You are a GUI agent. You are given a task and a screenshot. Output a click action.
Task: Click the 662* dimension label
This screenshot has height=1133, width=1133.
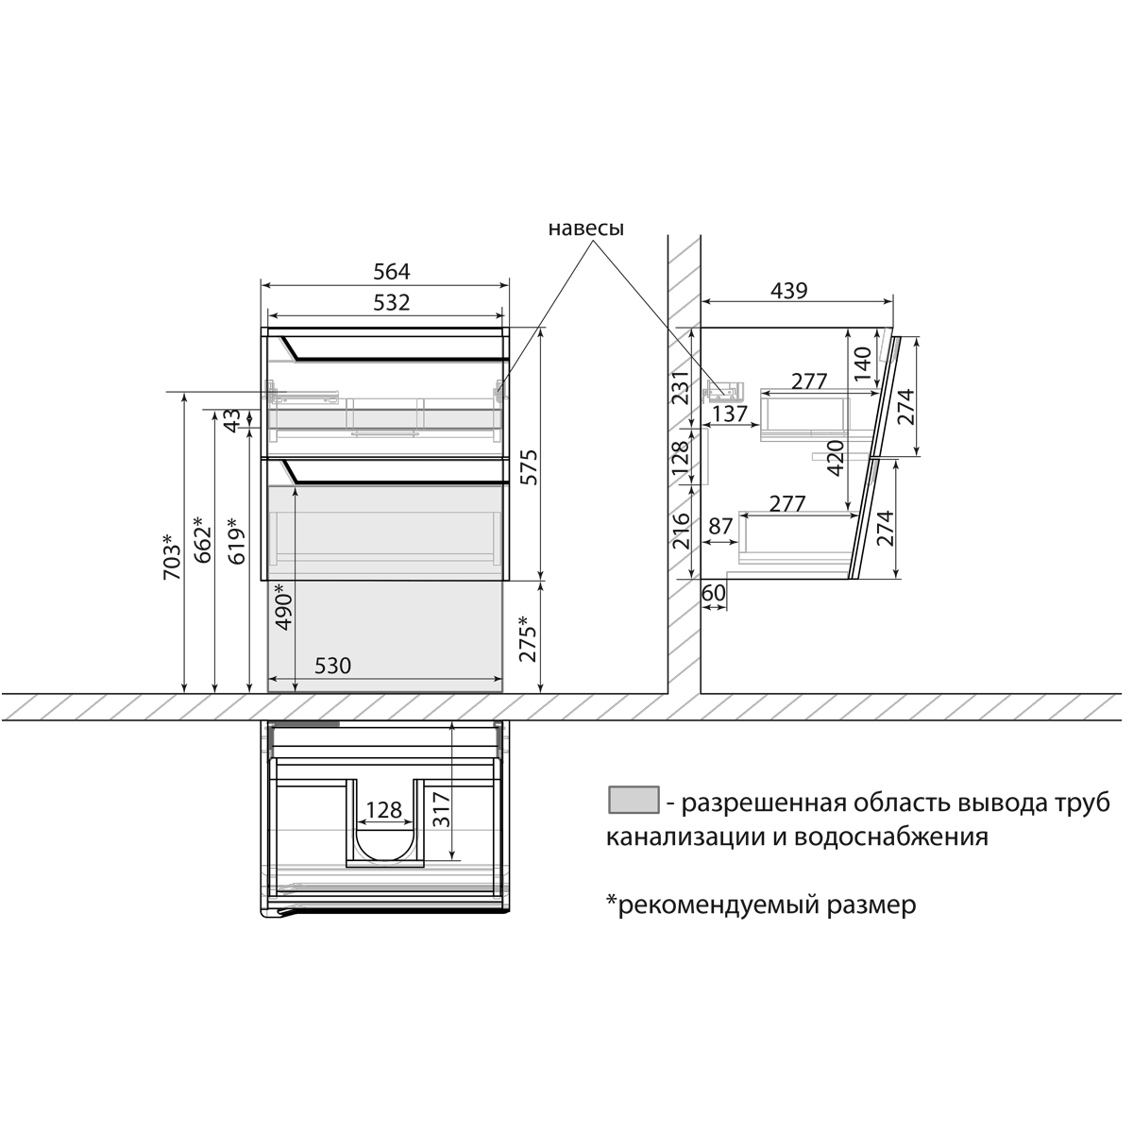point(200,541)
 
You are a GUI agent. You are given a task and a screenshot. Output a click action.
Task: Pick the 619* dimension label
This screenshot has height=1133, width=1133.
point(235,541)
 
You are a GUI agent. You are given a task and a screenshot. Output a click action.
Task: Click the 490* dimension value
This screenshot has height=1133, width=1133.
point(284,606)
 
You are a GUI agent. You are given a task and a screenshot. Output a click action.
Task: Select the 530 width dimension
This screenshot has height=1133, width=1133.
point(331,667)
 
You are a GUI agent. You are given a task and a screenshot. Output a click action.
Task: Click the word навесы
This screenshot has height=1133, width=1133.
point(585,228)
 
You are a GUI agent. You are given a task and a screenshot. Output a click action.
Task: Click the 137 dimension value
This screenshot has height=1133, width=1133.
point(730,414)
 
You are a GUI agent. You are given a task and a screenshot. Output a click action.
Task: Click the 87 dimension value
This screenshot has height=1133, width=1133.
point(720,526)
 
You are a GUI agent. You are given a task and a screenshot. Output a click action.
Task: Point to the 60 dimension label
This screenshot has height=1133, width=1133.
point(713,592)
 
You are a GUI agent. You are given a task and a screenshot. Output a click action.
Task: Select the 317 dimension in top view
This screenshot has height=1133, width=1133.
point(441,809)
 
